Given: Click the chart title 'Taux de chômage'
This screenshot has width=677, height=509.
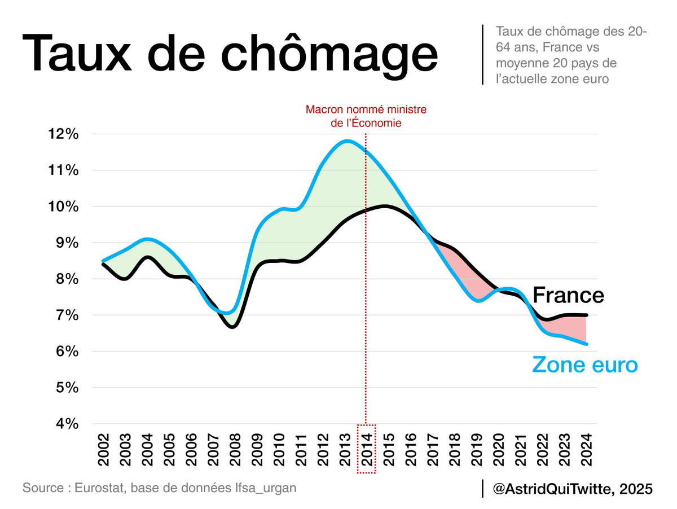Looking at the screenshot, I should (230, 53).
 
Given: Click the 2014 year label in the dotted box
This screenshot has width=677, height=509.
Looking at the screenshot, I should (367, 450).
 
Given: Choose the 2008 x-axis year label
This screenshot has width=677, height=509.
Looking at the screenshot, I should (235, 450).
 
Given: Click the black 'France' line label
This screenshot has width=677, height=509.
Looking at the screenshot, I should (568, 295).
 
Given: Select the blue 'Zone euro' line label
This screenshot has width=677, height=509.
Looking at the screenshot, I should (585, 365).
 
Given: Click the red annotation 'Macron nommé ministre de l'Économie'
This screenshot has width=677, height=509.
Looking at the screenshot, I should (366, 116).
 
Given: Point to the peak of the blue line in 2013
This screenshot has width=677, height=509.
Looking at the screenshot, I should (346, 141).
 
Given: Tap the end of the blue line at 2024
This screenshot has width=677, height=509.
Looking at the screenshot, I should (587, 344).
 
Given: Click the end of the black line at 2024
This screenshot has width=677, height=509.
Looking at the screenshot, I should (587, 315).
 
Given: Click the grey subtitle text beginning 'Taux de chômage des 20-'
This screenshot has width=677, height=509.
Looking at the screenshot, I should (571, 55).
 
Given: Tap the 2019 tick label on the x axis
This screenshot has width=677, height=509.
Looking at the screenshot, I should (477, 450).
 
